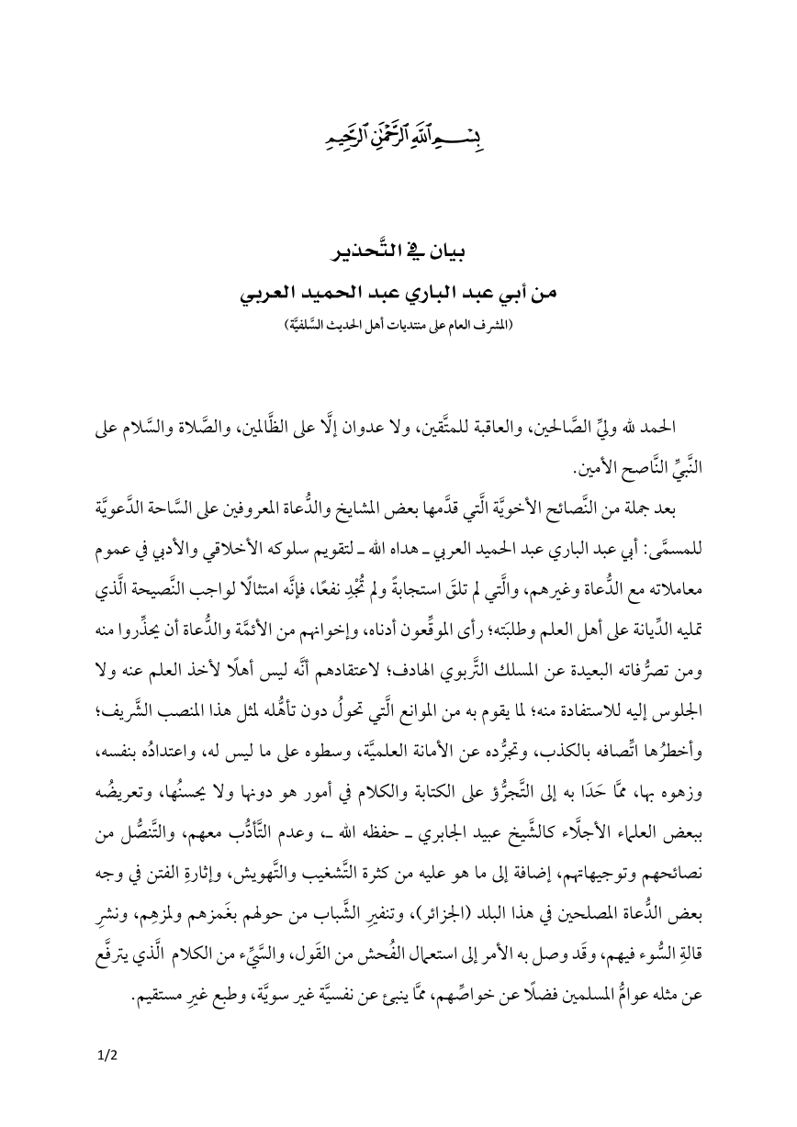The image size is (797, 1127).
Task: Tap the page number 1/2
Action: pyautogui.click(x=107, y=1054)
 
